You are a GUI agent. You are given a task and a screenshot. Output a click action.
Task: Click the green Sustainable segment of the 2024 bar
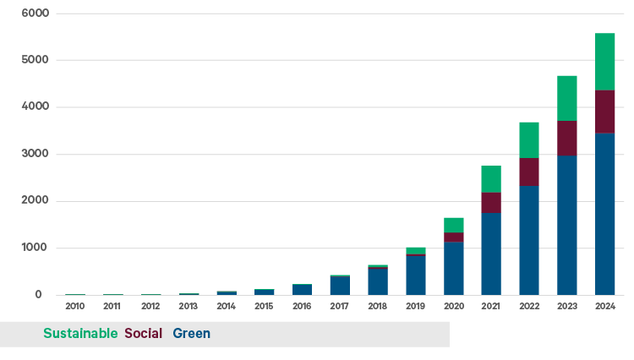click(604, 61)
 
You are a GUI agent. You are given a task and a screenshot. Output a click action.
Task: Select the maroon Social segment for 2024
click(604, 111)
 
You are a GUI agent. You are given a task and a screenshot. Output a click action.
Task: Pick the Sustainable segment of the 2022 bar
click(528, 139)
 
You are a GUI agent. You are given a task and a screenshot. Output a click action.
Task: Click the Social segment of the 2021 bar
click(490, 202)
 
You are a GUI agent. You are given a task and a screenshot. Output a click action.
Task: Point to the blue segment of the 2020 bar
click(453, 268)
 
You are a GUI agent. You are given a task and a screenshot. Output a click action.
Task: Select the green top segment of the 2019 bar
click(415, 250)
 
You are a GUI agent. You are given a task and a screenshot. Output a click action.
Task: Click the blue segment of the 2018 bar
click(377, 281)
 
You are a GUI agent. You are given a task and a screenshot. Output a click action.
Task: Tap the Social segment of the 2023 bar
click(566, 138)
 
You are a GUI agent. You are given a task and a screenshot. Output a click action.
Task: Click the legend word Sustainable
click(80, 334)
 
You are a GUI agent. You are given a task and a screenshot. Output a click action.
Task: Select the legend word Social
click(143, 334)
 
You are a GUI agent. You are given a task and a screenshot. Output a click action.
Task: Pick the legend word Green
click(191, 334)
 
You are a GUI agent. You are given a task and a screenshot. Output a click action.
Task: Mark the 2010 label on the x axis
click(74, 306)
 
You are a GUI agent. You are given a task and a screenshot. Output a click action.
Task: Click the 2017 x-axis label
click(340, 306)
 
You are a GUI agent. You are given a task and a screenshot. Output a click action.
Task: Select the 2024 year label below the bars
click(604, 306)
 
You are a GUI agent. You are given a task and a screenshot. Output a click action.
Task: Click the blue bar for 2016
click(302, 290)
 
